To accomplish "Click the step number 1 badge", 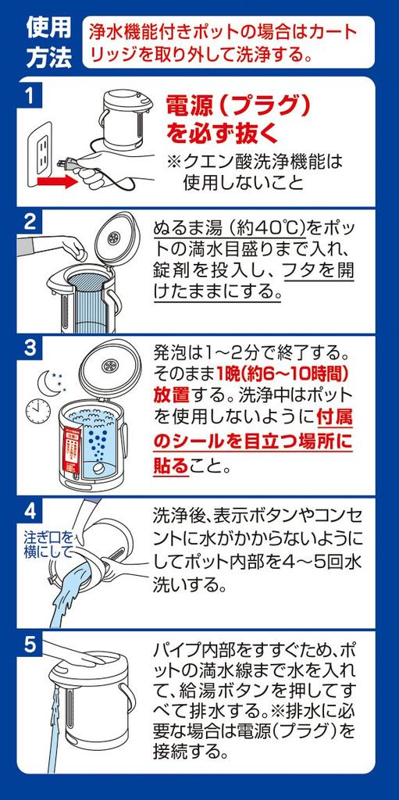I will (30, 96).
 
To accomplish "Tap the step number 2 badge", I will (30, 222).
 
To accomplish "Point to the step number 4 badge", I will (30, 512).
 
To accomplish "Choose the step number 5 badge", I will (30, 645).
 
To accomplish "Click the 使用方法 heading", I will (48, 42).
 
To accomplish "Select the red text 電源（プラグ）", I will (239, 105).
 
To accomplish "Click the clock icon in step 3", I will (37, 409).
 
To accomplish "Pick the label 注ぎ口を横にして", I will (47, 545).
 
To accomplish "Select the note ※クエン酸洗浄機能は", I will (255, 161).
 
